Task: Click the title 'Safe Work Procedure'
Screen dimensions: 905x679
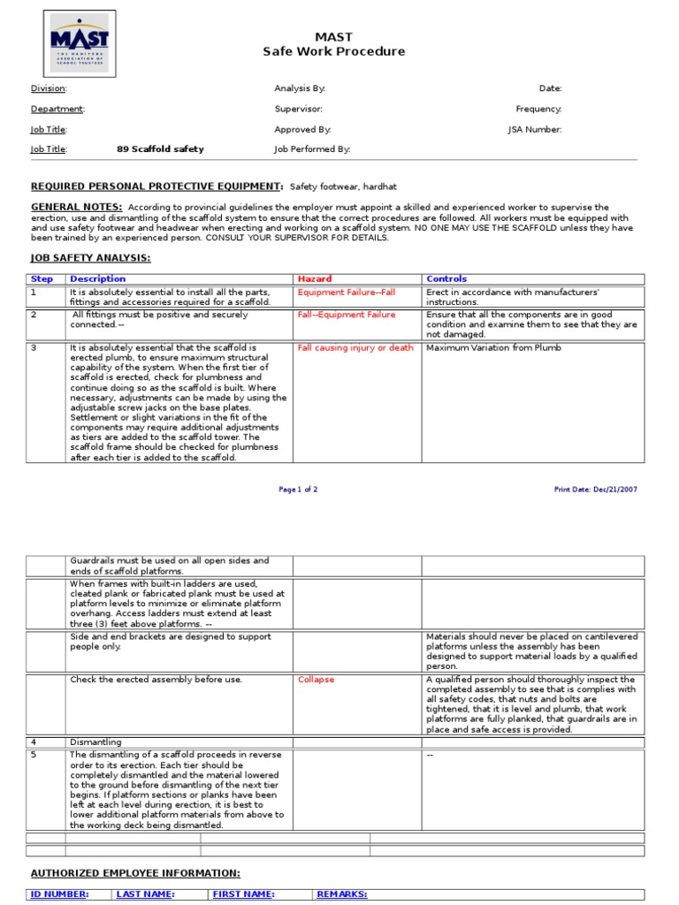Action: click(x=333, y=51)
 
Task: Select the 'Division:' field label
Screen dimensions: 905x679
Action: click(x=49, y=88)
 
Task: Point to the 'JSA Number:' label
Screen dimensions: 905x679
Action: click(x=534, y=129)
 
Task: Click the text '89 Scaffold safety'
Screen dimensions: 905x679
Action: click(x=160, y=149)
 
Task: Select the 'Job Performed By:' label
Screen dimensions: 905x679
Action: click(x=312, y=149)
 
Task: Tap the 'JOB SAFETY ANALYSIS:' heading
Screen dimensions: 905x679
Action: click(x=90, y=257)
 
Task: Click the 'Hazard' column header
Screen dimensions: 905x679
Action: click(x=315, y=279)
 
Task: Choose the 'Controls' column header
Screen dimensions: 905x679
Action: click(x=446, y=279)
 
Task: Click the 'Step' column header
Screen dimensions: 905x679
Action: click(x=42, y=279)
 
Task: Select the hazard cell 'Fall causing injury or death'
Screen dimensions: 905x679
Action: click(x=355, y=348)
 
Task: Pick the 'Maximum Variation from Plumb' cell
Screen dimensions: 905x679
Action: click(x=493, y=348)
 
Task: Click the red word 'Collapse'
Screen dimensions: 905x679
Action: click(x=316, y=680)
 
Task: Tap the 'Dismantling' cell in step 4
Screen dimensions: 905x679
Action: click(x=95, y=742)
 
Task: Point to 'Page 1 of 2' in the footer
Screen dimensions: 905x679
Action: click(x=298, y=490)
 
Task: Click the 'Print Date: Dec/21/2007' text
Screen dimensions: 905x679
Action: click(x=595, y=490)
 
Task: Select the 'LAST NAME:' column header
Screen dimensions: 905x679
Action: click(x=145, y=894)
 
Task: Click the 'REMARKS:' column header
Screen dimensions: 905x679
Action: click(x=341, y=894)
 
